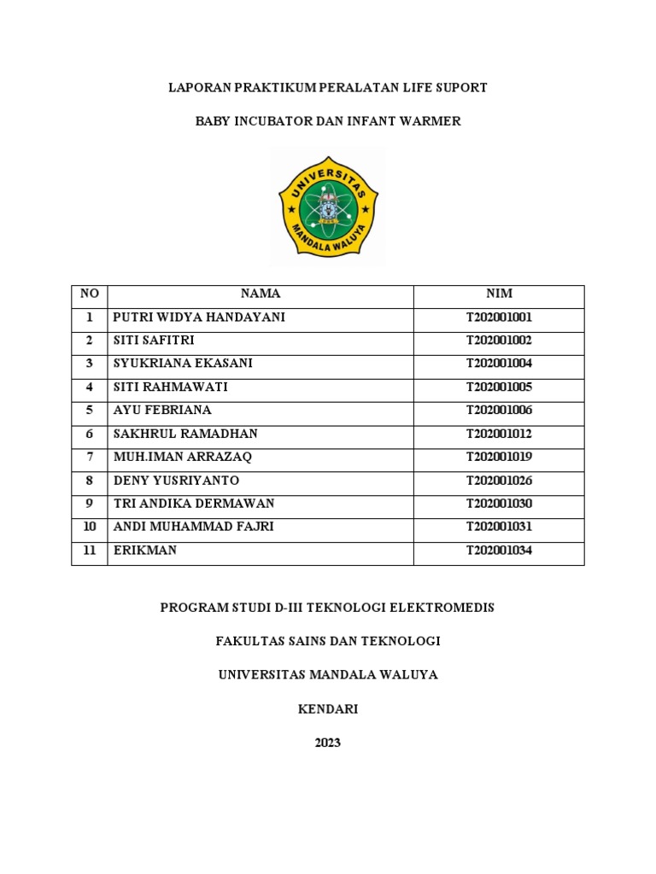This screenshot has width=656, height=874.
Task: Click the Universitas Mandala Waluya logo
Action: pos(329,206)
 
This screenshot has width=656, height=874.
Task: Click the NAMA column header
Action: pos(261,294)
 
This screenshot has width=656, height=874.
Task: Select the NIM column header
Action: pos(499,294)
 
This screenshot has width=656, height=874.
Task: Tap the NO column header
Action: pos(89,294)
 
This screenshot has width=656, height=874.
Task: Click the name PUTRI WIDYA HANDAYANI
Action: pos(199,318)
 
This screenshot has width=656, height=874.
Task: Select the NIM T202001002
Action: pos(499,341)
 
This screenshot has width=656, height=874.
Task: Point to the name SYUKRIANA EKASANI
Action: pos(183,364)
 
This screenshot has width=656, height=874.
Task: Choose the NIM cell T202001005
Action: pos(499,387)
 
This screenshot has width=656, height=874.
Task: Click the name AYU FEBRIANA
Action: pos(162,411)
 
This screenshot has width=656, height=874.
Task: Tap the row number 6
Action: pos(89,434)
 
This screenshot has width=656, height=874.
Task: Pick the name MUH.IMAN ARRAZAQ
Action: pos(183,457)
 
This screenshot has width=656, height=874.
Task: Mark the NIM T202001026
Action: pos(499,481)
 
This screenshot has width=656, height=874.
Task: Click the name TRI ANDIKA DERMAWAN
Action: pos(194,504)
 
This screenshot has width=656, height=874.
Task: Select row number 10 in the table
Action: pos(89,527)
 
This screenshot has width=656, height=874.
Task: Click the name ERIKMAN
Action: pos(145,551)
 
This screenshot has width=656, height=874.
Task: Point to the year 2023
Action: pos(328,743)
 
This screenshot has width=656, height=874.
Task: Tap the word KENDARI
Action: pos(328,709)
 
